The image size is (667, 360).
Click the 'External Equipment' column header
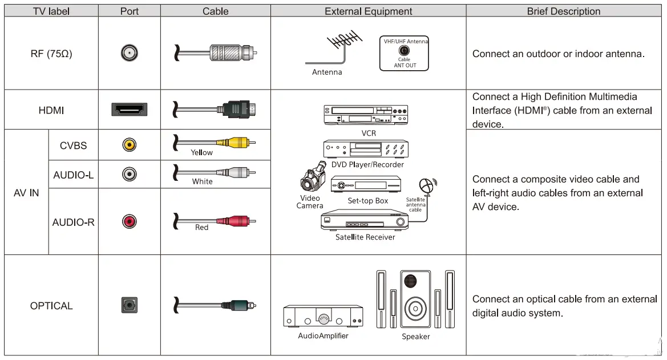368,11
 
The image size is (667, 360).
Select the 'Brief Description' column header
563,11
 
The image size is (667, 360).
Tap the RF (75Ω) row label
51,54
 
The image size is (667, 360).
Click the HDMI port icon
130,110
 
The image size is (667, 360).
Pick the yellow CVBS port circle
130,145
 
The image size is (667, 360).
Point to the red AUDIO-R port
130,221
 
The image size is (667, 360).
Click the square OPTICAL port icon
130,305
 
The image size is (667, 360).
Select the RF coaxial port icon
130,54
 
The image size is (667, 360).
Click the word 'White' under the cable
202,181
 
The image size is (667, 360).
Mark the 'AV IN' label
26,193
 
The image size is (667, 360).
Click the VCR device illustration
366,115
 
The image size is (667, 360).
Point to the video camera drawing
312,180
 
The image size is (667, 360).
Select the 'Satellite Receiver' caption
365,237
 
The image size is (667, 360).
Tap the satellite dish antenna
426,186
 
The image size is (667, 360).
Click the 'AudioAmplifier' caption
323,336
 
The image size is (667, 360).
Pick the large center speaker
415,299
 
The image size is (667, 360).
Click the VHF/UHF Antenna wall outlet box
405,54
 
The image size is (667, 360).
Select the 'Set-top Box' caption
367,201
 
